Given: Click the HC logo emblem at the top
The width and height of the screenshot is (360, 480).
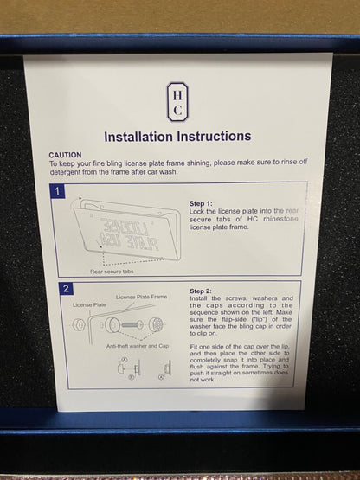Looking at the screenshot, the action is tap(177, 102).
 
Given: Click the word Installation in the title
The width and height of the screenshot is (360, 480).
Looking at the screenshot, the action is tap(138, 137).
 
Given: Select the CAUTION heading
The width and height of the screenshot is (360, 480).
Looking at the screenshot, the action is tap(65, 155).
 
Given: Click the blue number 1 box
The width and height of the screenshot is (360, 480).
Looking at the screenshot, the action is tap(57, 191).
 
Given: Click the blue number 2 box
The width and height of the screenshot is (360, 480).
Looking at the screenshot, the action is tap(66, 288).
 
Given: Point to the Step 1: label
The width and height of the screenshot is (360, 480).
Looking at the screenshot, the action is tap(201, 203).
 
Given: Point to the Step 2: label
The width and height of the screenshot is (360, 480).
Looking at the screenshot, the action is tap(201, 291).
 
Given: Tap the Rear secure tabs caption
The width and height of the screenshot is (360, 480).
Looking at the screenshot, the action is tap(112, 272).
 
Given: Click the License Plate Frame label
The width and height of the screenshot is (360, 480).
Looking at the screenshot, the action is tap(142, 297).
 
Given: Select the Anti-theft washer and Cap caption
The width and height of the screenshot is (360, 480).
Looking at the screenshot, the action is tap(138, 346).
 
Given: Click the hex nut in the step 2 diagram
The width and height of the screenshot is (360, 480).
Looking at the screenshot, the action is tap(78, 325).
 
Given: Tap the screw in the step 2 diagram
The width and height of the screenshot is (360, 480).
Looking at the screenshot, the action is tap(132, 324).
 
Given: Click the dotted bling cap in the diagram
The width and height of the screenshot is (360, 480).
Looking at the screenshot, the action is tap(156, 324).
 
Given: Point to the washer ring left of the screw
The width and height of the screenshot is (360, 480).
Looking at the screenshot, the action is tap(112, 325).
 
